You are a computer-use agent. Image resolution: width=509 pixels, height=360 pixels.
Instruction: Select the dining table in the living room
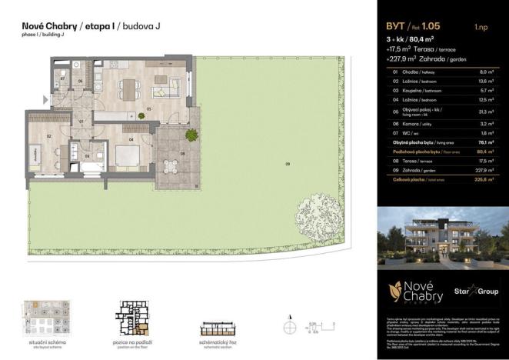tap(125, 90)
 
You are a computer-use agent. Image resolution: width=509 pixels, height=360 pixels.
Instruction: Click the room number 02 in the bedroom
tap(48, 136)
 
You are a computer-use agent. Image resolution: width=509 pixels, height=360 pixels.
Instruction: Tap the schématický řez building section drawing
tap(220, 325)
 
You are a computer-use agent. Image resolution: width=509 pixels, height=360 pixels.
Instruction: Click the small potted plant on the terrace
tap(190, 135)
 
